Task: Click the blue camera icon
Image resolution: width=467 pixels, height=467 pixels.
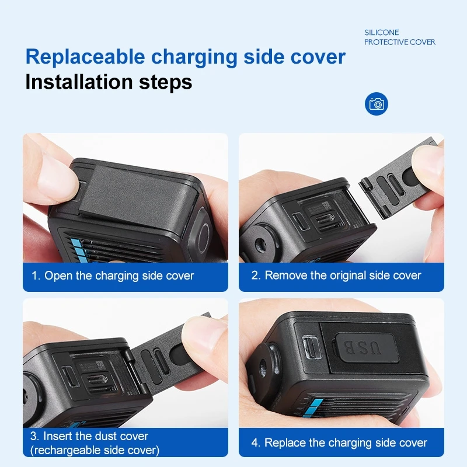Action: (x=377, y=104)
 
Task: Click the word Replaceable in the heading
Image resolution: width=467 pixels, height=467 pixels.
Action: (x=84, y=57)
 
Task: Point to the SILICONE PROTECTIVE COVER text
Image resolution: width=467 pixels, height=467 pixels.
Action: (x=400, y=37)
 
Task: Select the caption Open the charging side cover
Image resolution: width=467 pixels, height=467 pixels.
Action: (x=119, y=276)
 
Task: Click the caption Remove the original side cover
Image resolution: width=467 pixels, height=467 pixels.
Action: (x=343, y=276)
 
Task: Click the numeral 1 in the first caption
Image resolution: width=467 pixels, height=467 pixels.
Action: (x=34, y=276)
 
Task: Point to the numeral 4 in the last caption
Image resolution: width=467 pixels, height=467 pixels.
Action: (x=255, y=442)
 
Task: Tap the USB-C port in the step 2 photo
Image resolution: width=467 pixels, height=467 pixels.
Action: (x=299, y=221)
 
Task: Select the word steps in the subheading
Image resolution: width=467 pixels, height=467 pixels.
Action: (x=166, y=82)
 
